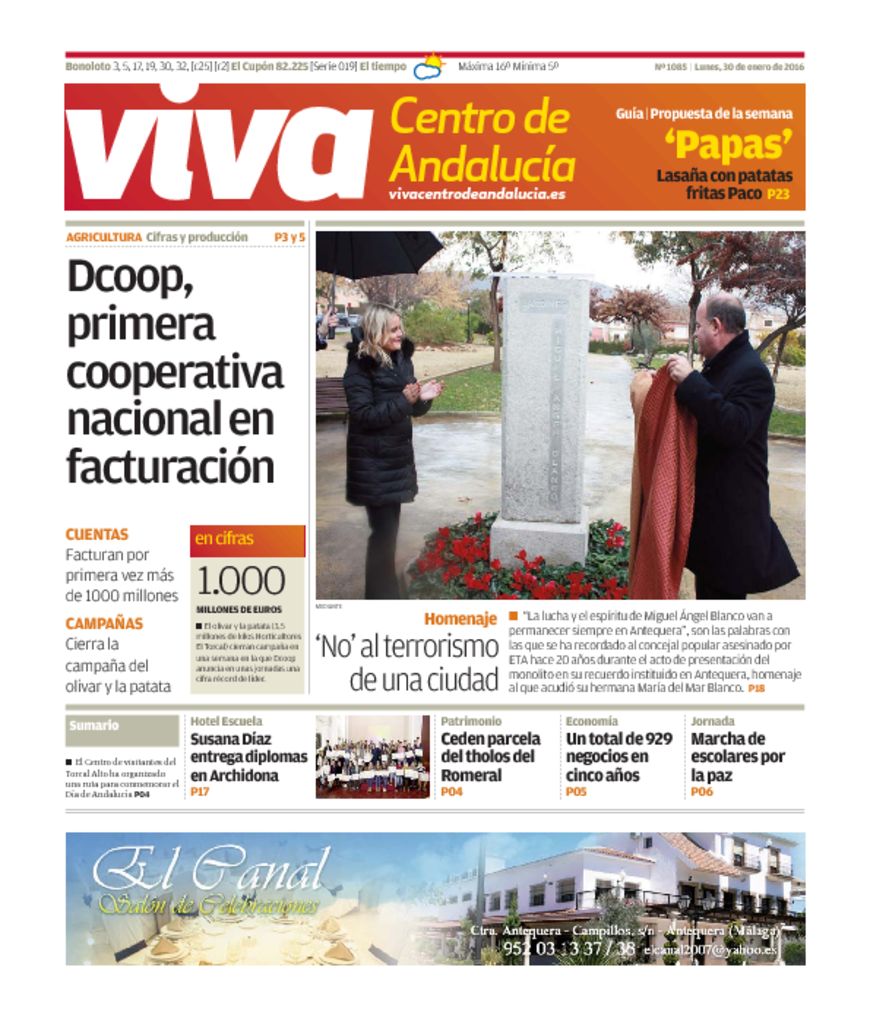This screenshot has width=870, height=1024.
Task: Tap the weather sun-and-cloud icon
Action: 430,67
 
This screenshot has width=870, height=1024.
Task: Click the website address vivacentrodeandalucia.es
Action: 477,194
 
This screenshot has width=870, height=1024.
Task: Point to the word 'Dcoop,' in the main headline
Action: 130,277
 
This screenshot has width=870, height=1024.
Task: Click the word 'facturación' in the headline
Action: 170,465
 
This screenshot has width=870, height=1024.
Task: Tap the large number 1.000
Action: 240,581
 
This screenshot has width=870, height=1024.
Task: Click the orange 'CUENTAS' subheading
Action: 97,535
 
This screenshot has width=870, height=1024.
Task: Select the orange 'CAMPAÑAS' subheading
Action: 104,624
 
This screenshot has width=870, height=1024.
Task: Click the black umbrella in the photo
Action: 378,252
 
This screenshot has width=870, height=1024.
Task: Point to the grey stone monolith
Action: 544,410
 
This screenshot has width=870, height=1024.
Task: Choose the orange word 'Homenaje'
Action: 460,619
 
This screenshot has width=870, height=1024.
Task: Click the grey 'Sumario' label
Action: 95,726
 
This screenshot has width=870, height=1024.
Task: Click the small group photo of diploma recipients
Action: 372,756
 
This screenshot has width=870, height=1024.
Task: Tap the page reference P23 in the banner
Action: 778,195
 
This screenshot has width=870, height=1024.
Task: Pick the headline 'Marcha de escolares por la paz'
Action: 738,757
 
